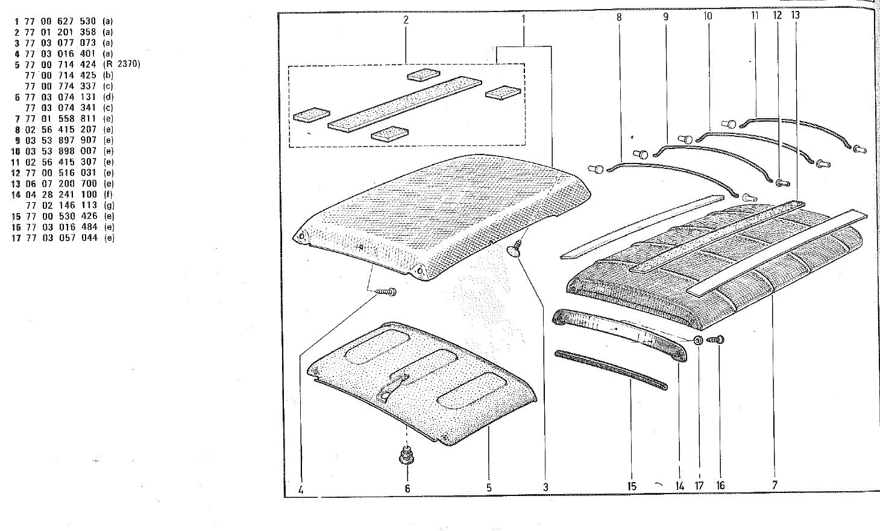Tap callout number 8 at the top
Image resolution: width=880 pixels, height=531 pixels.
[619, 17]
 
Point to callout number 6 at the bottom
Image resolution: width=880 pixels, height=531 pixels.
[407, 488]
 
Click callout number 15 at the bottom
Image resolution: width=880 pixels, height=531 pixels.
[632, 486]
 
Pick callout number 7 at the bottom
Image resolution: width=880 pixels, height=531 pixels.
[775, 485]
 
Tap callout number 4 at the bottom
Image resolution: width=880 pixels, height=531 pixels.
[300, 489]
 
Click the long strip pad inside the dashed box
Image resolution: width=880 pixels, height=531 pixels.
[405, 103]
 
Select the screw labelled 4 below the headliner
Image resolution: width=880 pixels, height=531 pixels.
[386, 293]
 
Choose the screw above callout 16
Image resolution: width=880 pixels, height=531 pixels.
[717, 340]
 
